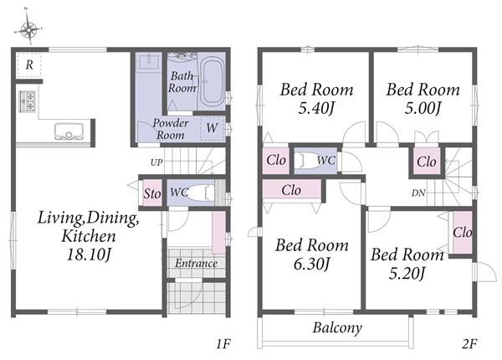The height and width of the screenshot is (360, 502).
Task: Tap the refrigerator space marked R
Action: click(x=29, y=65)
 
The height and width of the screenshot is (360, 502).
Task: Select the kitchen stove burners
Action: click(x=28, y=101)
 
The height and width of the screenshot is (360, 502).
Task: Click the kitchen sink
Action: click(x=69, y=131)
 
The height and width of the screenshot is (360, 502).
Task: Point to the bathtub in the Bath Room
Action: click(x=212, y=82)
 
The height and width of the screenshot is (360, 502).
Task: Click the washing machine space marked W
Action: click(x=212, y=128)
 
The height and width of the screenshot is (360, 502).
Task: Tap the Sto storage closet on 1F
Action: click(x=152, y=193)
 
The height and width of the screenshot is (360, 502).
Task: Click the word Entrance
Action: click(x=196, y=263)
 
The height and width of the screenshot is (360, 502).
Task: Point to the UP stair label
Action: click(x=156, y=162)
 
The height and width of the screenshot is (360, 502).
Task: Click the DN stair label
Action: click(x=418, y=193)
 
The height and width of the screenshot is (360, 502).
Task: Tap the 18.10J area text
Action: click(x=89, y=255)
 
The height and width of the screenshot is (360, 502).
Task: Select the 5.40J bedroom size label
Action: click(x=316, y=108)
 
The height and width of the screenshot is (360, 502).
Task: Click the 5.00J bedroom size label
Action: click(x=423, y=108)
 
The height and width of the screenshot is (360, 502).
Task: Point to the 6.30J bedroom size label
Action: click(x=312, y=265)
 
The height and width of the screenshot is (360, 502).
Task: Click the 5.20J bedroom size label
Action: click(x=407, y=274)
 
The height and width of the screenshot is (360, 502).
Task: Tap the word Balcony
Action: click(x=337, y=328)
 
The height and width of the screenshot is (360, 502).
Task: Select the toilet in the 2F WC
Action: click(x=306, y=160)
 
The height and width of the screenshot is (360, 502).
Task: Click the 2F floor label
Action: click(x=469, y=344)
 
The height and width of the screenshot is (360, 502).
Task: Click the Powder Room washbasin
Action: click(x=149, y=62)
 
